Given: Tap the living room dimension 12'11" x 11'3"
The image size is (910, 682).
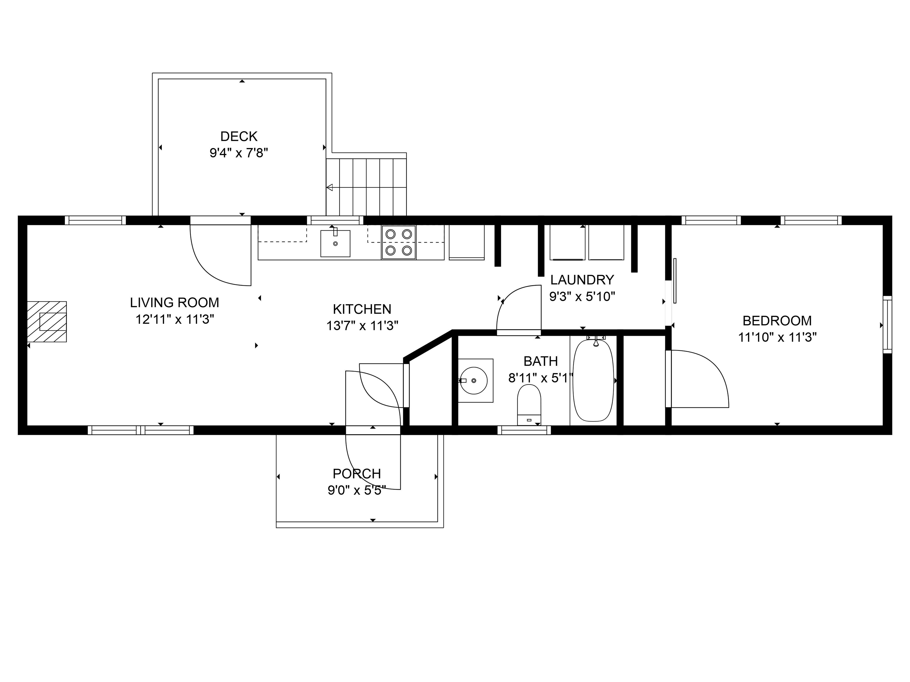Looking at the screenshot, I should [175, 319].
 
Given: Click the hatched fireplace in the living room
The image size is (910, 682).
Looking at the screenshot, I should [47, 321].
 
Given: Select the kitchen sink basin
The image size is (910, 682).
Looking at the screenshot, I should [335, 243].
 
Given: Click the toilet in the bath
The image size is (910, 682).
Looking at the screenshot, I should [529, 405].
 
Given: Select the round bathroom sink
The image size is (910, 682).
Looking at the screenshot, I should [474, 380].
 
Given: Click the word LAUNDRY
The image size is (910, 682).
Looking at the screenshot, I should [582, 280].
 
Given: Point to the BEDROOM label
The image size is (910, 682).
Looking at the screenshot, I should [777, 321].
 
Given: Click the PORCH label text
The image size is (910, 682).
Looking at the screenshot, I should [357, 474].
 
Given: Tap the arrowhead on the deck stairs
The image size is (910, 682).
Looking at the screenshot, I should [329, 187].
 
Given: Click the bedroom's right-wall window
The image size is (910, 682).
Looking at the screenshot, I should [888, 324].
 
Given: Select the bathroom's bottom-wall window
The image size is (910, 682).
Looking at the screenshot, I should [524, 430].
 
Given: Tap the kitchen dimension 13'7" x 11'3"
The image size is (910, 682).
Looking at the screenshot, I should [362, 326].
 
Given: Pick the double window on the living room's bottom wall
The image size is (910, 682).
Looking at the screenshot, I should [141, 430].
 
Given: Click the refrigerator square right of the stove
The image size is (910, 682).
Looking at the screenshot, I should [466, 242].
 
